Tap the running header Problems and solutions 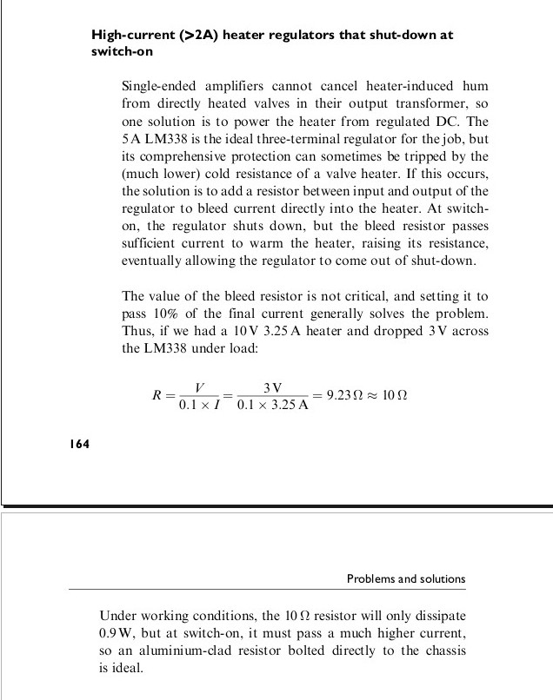click(x=406, y=578)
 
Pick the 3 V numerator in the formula click(x=272, y=386)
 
